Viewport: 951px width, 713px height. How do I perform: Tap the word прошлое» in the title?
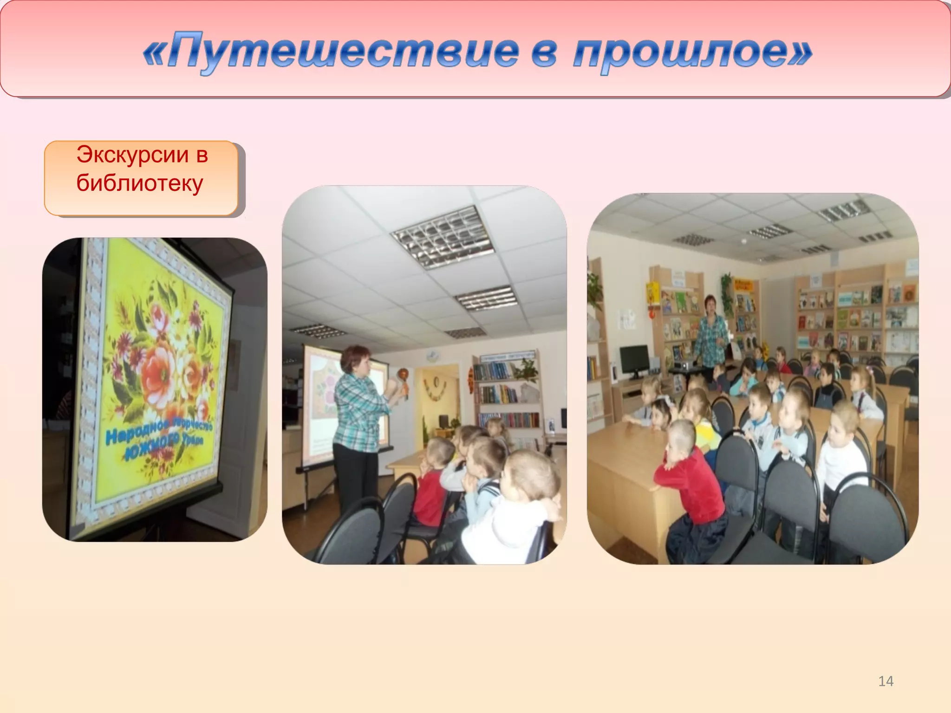(x=692, y=52)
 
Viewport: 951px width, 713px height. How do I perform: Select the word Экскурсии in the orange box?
(x=132, y=155)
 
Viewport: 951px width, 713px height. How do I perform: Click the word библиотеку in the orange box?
(x=140, y=183)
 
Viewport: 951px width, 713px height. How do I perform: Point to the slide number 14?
(x=886, y=681)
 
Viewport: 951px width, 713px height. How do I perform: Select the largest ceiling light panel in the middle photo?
(x=441, y=237)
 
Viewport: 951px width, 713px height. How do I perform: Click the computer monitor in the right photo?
(x=634, y=360)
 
